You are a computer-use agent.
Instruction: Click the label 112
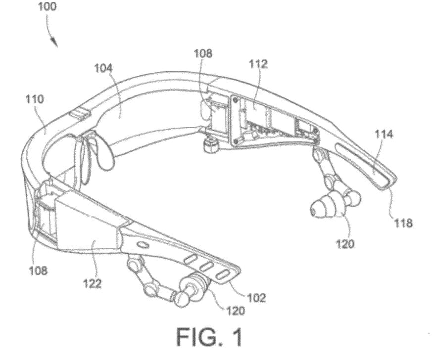click(x=258, y=64)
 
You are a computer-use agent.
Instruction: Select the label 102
click(x=256, y=297)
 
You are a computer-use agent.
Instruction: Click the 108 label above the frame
click(x=203, y=53)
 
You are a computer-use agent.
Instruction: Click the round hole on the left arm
click(x=142, y=245)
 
